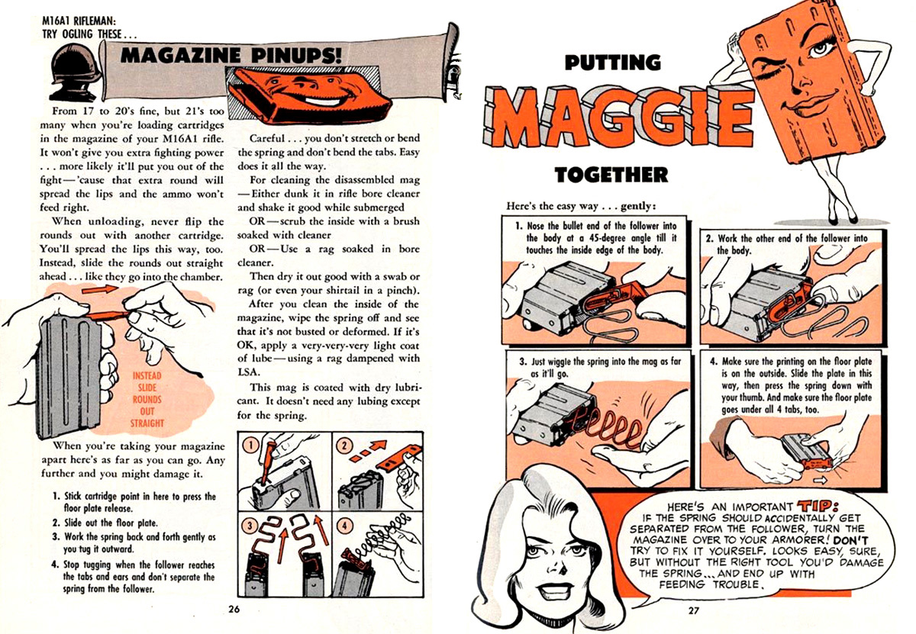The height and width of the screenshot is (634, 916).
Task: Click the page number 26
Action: [x=234, y=609]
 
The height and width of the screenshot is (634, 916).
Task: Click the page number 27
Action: [x=694, y=610]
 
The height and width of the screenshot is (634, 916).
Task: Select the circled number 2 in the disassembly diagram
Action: [x=345, y=445]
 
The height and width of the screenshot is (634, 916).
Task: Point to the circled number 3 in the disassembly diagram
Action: [x=250, y=526]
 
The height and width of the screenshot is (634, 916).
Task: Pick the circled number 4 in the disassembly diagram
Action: [x=345, y=525]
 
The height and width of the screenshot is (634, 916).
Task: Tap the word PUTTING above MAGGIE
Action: [x=612, y=63]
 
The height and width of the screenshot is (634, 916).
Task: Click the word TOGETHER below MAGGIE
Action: [x=611, y=175]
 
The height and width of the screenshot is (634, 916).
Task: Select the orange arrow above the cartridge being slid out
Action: [x=100, y=289]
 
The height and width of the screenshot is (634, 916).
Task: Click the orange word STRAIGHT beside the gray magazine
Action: [x=147, y=423]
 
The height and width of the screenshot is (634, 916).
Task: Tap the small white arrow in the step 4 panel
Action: [x=819, y=480]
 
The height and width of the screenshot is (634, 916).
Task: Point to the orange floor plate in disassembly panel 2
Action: [x=400, y=456]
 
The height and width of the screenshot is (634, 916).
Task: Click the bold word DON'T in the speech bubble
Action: [x=850, y=539]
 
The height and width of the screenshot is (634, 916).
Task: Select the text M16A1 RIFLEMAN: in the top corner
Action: [x=79, y=20]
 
